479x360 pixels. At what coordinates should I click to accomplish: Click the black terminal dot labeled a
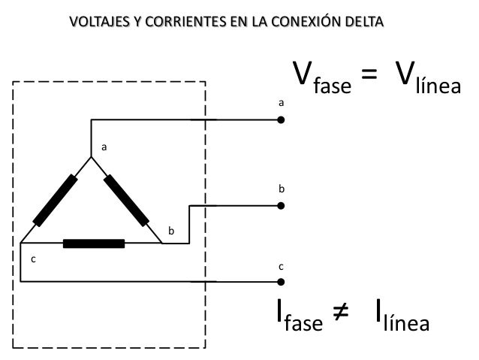(x=281, y=119)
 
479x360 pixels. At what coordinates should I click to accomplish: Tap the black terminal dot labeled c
(x=281, y=283)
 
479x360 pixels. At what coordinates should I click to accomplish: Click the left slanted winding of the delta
(x=55, y=200)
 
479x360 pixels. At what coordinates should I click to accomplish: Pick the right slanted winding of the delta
(x=126, y=200)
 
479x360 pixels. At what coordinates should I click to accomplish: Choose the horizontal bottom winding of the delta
(x=94, y=244)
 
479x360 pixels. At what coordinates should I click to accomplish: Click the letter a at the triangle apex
(x=104, y=148)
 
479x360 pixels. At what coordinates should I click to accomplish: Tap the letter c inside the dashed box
(x=32, y=259)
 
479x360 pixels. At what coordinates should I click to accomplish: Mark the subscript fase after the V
(x=332, y=87)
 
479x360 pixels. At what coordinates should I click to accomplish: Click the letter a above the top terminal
(x=281, y=101)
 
